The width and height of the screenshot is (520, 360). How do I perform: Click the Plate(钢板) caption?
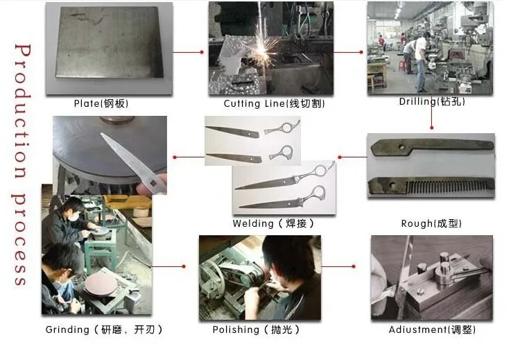pyautogui.click(x=101, y=103)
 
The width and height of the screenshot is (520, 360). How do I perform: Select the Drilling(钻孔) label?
pyautogui.click(x=432, y=101)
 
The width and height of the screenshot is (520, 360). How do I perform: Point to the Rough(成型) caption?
pyautogui.click(x=431, y=223)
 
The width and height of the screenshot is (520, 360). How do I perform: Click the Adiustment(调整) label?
pyautogui.click(x=432, y=329)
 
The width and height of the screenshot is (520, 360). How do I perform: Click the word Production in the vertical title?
pyautogui.click(x=23, y=111)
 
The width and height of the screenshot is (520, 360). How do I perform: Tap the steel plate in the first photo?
pyautogui.click(x=110, y=42)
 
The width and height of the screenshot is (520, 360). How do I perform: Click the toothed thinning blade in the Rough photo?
pyautogui.click(x=431, y=185)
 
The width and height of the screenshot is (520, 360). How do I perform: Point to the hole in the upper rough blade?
pyautogui.click(x=402, y=146)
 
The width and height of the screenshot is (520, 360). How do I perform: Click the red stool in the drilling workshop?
pyautogui.click(x=403, y=66)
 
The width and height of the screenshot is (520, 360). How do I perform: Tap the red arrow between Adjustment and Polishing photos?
pyautogui.click(x=338, y=266)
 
